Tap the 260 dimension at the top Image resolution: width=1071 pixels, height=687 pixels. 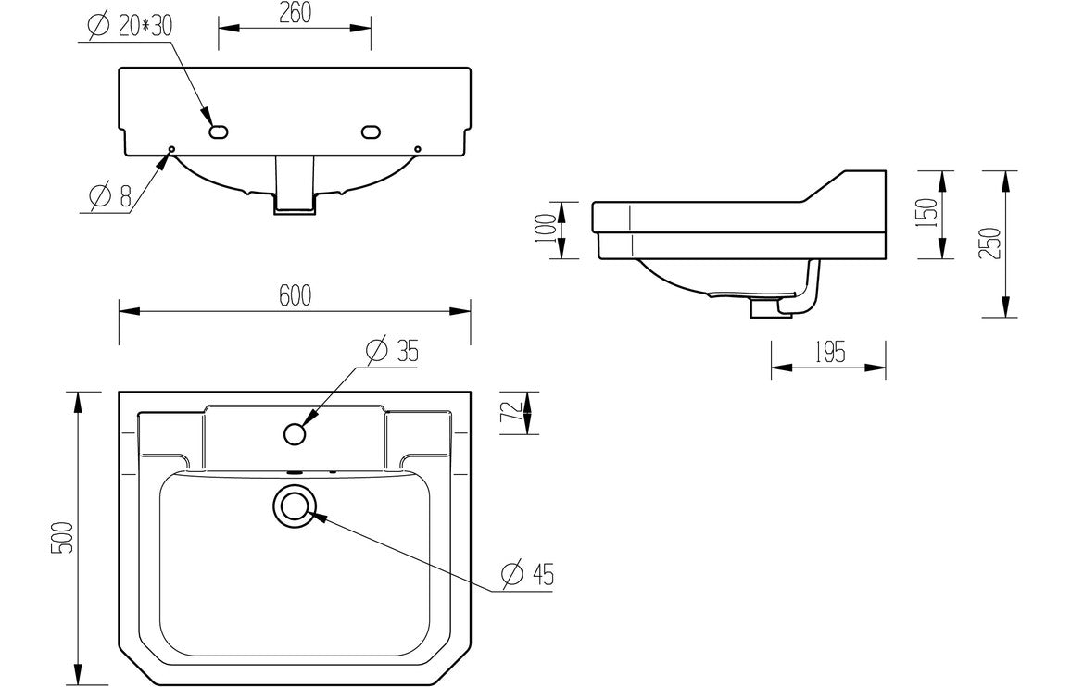295,12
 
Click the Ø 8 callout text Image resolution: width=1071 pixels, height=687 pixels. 111,196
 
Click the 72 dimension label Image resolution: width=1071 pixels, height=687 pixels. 506,413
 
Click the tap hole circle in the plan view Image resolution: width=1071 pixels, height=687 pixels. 296,433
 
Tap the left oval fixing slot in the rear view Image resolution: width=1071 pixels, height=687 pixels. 219,131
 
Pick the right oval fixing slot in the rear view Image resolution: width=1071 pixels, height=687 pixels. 371,131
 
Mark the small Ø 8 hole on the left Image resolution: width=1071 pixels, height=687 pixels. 171,149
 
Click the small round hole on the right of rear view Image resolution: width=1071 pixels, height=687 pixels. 418,149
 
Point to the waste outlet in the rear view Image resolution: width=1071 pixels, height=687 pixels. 296,190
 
